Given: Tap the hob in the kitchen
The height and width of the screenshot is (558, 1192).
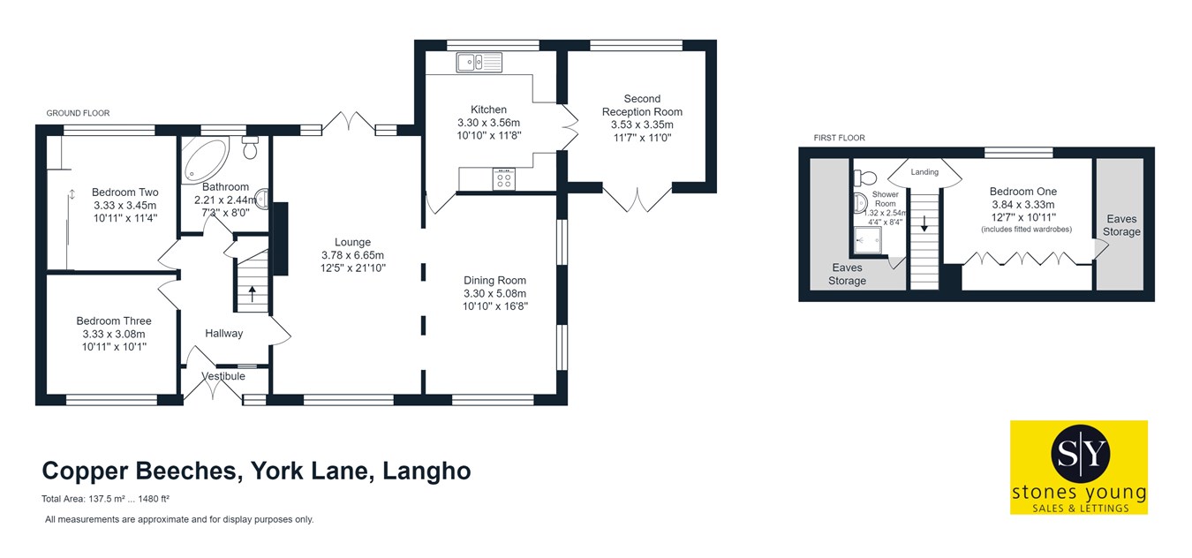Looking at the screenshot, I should point(504,179).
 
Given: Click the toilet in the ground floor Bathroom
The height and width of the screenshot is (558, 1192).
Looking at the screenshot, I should point(250,148).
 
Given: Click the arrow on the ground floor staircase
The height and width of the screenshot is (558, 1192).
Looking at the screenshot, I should point(253,292).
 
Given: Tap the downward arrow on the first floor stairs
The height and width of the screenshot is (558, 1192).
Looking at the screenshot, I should point(924,225).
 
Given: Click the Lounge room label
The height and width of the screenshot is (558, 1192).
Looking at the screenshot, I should point(352,242).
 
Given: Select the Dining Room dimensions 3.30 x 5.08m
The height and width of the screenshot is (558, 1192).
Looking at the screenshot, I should point(494,294).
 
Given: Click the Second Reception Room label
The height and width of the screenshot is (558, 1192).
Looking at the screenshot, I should point(642,105).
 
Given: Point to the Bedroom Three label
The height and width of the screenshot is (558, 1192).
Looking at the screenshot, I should point(113,321).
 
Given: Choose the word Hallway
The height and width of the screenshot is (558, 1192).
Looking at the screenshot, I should point(223,333).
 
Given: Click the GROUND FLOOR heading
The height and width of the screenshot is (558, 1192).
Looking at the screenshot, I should point(78,113).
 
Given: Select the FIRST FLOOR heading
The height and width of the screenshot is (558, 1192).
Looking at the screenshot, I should point(839,138).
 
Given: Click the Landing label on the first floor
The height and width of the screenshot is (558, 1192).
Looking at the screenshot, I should point(924,172).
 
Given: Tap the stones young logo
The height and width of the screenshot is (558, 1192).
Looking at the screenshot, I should point(1078,467).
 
